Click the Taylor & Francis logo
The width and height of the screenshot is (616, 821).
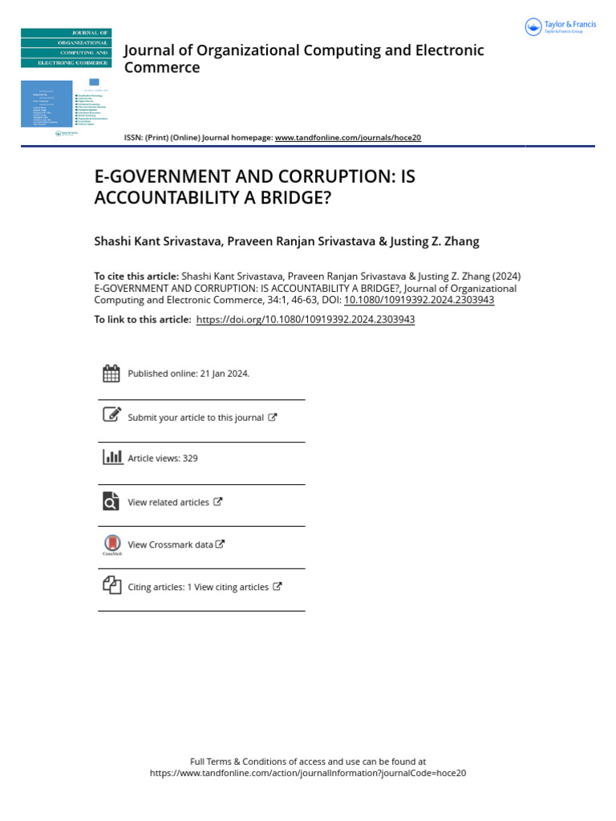point(561,27)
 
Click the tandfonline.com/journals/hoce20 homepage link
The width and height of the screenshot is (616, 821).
point(347,138)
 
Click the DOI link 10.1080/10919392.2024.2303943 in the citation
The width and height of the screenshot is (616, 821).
point(419,300)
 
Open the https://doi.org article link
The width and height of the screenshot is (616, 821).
point(305,319)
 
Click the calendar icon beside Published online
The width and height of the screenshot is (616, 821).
point(111,373)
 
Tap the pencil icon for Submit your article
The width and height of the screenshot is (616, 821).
point(111,415)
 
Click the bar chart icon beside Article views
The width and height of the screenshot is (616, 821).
point(111,458)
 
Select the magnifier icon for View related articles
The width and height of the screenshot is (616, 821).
point(111,502)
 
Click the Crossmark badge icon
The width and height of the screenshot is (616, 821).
point(111,544)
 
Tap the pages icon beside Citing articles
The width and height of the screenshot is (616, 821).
point(111,585)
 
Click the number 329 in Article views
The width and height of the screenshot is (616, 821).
point(190,459)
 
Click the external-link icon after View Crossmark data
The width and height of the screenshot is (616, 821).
point(221,544)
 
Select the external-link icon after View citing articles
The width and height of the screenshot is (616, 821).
point(278,586)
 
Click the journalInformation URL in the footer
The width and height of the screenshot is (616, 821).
point(308,774)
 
